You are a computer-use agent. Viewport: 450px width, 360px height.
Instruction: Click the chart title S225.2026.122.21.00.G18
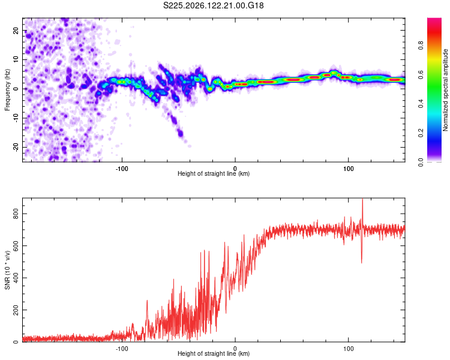213,5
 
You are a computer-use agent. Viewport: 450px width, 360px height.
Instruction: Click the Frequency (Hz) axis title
7,90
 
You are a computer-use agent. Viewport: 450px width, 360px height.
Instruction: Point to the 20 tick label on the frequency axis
16,30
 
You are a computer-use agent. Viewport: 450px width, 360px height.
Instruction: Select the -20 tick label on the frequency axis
16,147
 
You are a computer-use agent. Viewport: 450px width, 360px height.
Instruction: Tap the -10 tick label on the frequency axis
16,118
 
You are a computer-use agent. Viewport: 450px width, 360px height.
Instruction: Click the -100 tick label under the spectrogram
122,169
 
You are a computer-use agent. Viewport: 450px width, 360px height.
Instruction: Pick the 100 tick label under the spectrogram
348,169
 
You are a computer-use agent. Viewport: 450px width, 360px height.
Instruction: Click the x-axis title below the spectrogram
214,173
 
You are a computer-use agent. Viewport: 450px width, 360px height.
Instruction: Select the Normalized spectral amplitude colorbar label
445,90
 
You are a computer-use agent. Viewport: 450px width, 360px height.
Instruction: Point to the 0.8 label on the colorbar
421,46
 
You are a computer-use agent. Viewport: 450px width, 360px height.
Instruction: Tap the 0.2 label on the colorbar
421,133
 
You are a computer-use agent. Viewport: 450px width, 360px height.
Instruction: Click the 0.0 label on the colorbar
421,162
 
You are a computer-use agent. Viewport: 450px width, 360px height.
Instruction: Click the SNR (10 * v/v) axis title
7,270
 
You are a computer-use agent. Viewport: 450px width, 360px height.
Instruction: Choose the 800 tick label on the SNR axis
16,214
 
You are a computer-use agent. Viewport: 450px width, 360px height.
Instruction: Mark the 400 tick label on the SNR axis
16,278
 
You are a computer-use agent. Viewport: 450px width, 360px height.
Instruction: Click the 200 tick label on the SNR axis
16,310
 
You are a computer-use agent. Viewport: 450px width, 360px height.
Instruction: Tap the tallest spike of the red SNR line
362,199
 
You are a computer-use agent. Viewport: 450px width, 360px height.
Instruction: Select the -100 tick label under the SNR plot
122,349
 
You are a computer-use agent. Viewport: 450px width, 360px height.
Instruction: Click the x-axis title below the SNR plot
214,353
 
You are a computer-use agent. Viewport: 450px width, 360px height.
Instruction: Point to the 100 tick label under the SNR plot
348,349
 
